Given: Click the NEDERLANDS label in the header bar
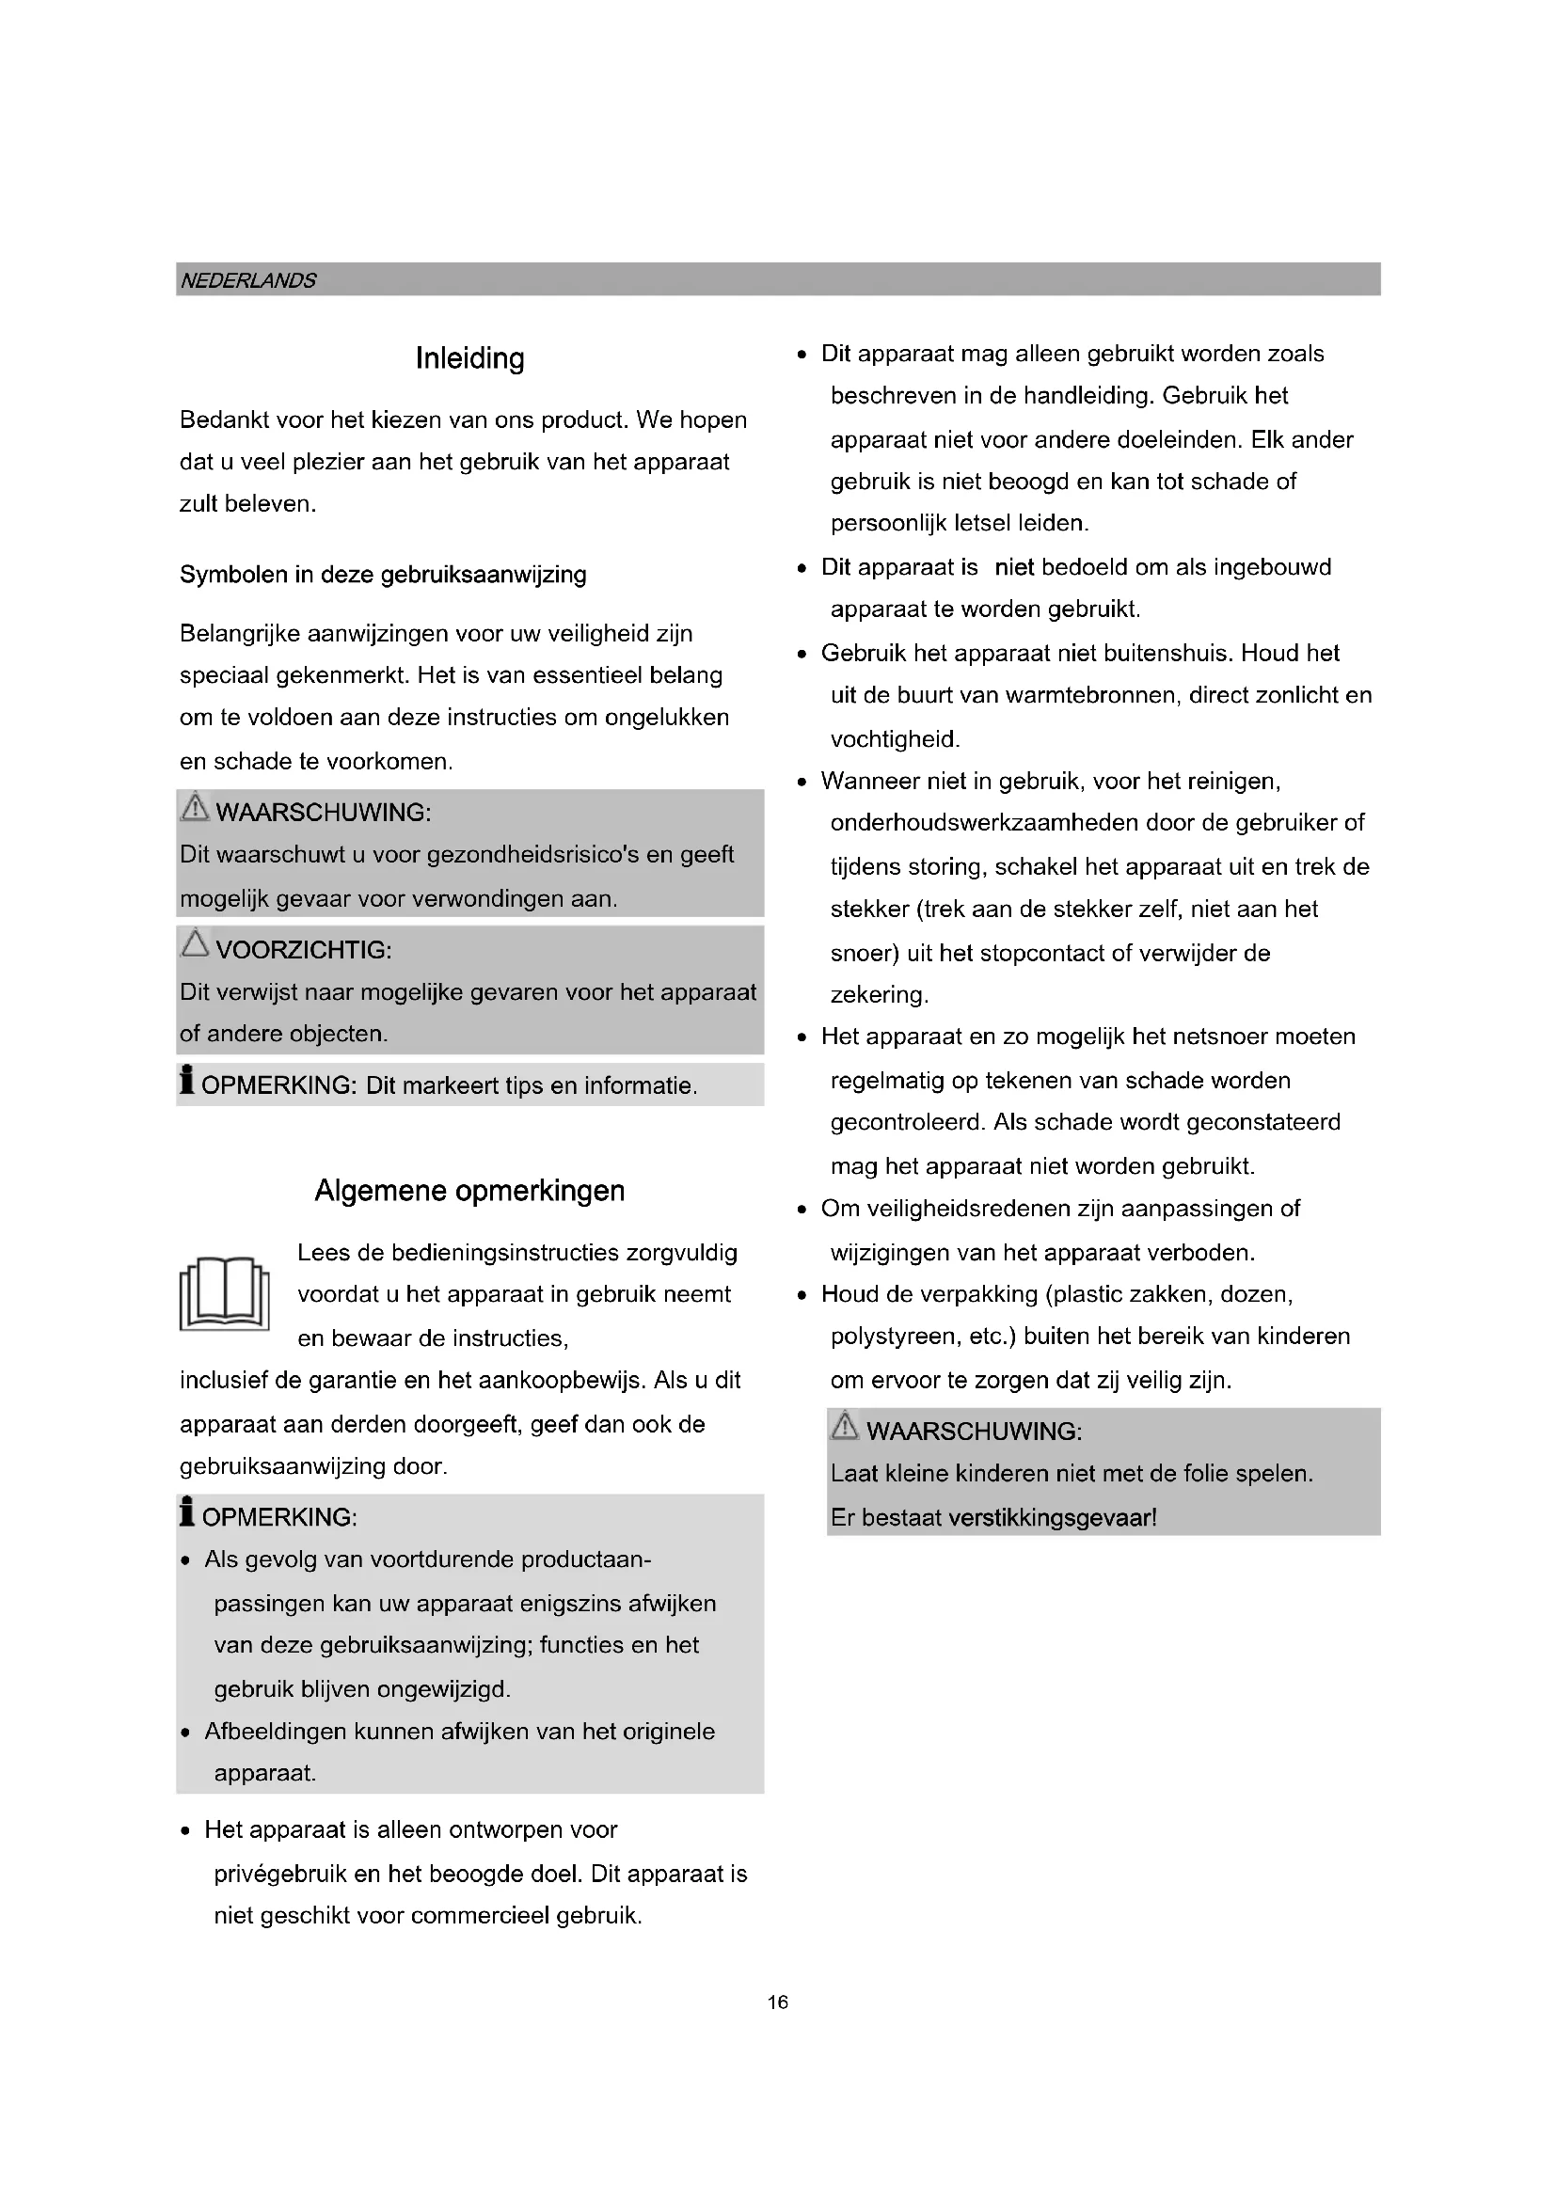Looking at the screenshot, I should coord(248,280).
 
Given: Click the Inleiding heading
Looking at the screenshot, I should coord(469,358).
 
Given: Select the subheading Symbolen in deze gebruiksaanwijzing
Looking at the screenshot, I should coord(382,575).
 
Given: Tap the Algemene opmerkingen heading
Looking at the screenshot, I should coord(469,1191).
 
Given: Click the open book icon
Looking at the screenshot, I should coord(224,1293).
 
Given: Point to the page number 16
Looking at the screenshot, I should coord(777,2002).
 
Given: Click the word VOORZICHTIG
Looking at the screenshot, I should coord(303,951).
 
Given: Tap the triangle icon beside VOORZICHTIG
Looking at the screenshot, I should coord(196,943).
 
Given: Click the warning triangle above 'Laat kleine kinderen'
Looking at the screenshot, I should coord(845,1426).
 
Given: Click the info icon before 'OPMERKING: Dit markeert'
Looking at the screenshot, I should coord(187,1080).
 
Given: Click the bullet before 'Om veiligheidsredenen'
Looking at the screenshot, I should coord(802,1211).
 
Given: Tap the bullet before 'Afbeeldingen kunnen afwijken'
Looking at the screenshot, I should coord(186,1733).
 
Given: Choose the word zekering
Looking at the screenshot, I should coord(878,995).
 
